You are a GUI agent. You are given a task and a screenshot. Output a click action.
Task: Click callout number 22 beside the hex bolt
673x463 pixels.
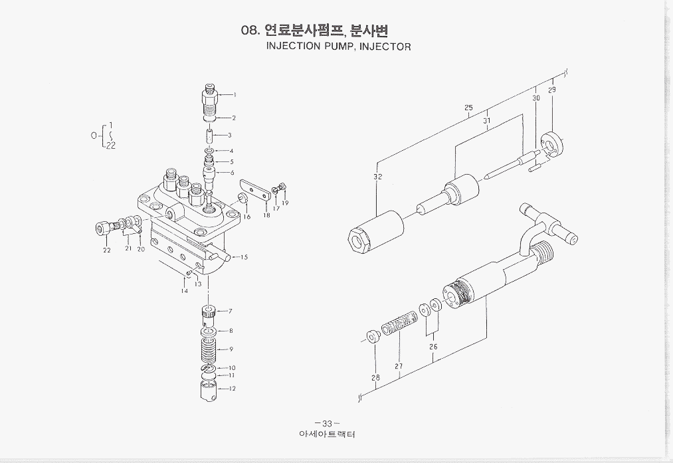106,250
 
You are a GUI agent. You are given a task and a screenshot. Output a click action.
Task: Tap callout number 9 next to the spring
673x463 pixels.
231,349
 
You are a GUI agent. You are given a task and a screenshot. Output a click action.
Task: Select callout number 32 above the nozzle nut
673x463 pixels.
377,177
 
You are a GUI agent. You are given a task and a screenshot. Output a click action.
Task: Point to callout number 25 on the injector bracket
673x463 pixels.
468,108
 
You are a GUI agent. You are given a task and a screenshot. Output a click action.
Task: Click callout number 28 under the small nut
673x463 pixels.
376,378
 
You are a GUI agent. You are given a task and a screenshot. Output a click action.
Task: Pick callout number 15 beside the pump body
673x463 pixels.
244,257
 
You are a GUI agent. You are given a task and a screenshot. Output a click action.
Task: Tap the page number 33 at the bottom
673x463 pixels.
326,424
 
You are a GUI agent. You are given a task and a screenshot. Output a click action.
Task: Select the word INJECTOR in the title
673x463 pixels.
385,46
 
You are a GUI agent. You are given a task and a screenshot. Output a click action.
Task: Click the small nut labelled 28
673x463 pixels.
373,337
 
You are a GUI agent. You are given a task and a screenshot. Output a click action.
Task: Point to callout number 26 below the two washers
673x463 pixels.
433,346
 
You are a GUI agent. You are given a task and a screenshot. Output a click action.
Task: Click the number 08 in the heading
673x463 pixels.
250,31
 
